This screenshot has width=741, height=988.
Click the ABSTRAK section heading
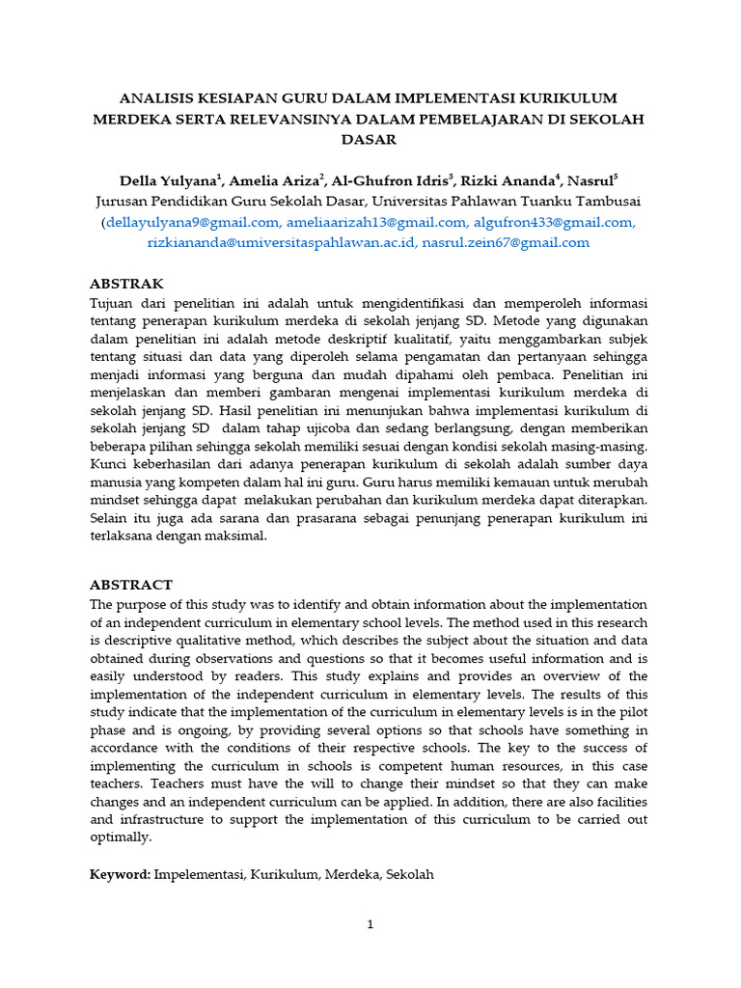(x=126, y=284)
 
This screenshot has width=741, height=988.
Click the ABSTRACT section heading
(x=131, y=585)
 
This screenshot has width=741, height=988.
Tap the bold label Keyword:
(x=120, y=874)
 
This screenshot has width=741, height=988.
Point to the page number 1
(x=370, y=923)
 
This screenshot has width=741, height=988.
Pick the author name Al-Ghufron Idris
(x=391, y=180)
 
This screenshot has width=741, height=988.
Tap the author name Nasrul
(x=590, y=180)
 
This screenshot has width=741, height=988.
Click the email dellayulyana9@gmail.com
(x=181, y=223)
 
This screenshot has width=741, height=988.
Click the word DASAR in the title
(x=370, y=139)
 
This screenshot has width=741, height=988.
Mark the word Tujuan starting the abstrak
(x=112, y=302)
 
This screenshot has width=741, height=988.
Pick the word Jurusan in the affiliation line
(x=123, y=202)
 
